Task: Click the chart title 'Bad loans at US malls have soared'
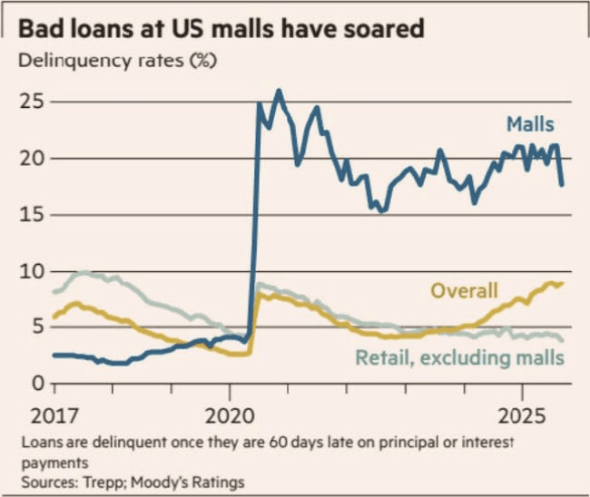click(x=221, y=28)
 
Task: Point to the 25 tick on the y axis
click(x=31, y=101)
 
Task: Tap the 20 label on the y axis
click(x=31, y=158)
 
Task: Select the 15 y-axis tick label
click(x=31, y=214)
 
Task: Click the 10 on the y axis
click(x=31, y=270)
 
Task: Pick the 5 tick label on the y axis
click(x=37, y=326)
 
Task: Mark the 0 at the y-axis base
click(x=37, y=384)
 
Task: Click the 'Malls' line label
click(x=530, y=123)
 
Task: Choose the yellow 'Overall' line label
click(x=464, y=290)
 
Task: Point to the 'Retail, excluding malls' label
click(x=459, y=357)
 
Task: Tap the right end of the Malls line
click(x=562, y=185)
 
